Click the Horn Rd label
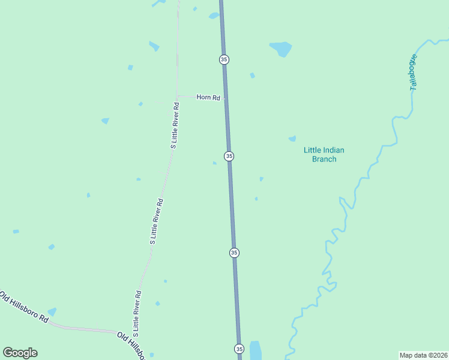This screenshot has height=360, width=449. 208,97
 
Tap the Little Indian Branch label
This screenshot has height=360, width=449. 324,155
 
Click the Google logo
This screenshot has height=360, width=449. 20,353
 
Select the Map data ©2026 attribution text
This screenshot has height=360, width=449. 423,355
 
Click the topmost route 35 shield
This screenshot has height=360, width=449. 224,59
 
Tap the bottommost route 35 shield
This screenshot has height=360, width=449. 239,349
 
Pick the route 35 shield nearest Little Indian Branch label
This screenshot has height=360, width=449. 229,156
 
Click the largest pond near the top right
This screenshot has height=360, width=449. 281,48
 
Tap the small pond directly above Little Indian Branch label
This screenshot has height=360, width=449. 292,139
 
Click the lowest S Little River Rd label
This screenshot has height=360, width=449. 137,313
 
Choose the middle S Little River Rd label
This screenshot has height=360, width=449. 157,221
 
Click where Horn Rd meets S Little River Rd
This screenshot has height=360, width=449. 176,96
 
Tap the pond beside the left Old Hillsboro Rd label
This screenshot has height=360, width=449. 52,312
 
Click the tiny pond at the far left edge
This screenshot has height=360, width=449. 16,232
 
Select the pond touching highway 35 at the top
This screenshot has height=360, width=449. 214,16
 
